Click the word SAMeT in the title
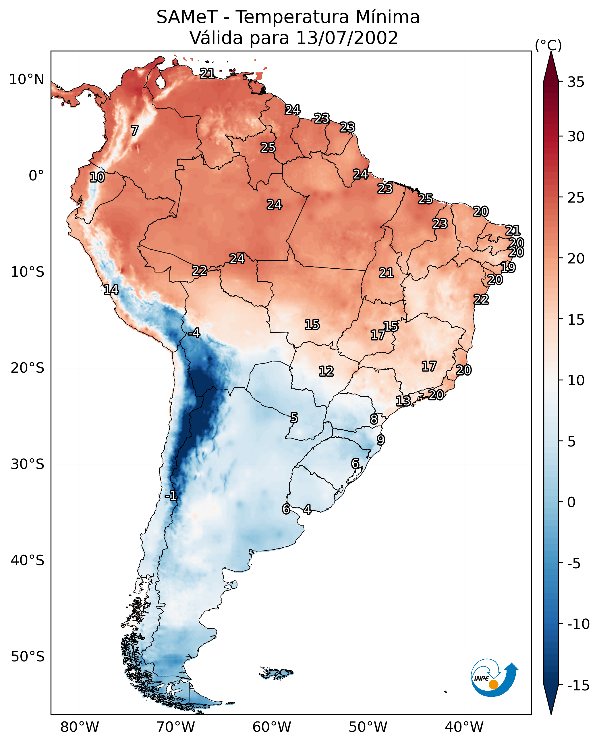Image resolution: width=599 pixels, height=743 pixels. point(187,17)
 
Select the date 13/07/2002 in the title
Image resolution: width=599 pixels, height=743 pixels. point(347,38)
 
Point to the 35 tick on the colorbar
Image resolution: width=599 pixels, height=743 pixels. point(576,82)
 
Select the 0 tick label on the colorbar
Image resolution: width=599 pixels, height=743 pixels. point(571,502)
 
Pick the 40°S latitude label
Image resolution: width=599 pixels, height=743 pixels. point(27,560)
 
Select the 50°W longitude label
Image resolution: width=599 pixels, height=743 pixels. point(368,727)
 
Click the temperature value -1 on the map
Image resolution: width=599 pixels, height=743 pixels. point(171,496)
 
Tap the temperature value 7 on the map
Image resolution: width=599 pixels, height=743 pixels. point(135,130)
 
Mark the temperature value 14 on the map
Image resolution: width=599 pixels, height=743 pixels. point(111,290)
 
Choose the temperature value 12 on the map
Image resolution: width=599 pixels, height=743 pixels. point(326,371)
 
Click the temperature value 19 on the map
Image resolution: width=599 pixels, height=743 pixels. point(508,267)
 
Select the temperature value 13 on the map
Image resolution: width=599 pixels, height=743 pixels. point(403,401)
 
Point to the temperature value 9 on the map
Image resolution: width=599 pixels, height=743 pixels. point(380,440)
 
